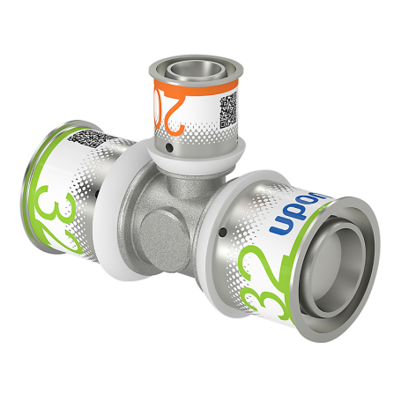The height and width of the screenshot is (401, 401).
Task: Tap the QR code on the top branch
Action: tap(227, 110)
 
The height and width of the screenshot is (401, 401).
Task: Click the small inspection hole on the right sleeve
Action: tap(221, 231)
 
